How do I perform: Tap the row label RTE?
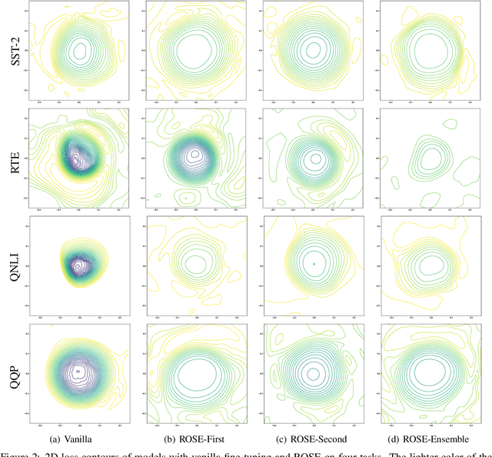click(x=13, y=158)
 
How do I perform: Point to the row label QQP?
click(x=13, y=372)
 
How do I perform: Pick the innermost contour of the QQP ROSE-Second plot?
click(x=313, y=374)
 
